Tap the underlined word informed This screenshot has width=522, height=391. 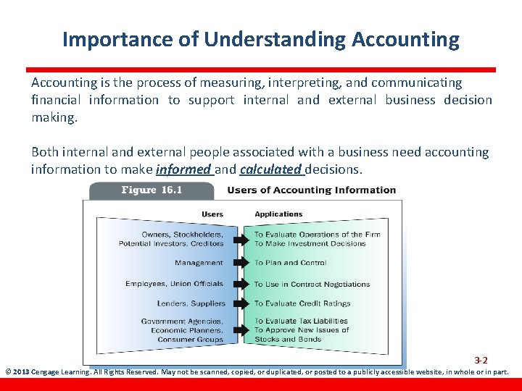click(183, 169)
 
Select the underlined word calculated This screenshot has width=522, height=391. click(270, 169)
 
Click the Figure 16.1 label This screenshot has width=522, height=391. click(152, 190)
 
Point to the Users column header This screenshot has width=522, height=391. click(212, 214)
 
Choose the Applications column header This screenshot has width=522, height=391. click(278, 214)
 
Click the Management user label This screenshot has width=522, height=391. click(199, 263)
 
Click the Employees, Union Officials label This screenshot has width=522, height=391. click(174, 284)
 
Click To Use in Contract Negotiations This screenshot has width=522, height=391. click(312, 284)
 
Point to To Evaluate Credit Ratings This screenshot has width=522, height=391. click(302, 303)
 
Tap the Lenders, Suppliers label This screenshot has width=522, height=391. click(191, 303)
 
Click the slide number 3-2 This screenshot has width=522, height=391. click(481, 360)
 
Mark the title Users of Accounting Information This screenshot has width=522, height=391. click(312, 190)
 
